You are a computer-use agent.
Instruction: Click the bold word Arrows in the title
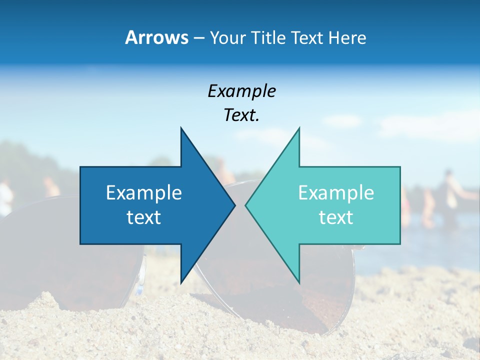[x=157, y=37]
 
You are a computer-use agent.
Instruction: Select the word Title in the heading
[x=270, y=37]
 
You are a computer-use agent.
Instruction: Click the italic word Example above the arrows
[x=241, y=91]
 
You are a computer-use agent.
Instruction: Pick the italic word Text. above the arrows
[x=241, y=115]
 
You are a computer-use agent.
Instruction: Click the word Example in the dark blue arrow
[x=144, y=193]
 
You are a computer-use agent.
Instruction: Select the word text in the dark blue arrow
[x=144, y=217]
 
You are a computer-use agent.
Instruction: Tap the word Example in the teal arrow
[x=336, y=193]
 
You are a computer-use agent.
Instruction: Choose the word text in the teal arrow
[x=336, y=217]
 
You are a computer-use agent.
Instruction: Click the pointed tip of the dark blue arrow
[x=235, y=205]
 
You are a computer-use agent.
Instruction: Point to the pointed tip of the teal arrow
[x=245, y=205]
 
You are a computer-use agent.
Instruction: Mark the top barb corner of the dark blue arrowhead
[x=181, y=127]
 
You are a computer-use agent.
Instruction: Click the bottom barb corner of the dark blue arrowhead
[x=181, y=283]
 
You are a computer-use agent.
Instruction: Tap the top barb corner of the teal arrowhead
[x=299, y=127]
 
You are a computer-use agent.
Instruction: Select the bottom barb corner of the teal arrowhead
[x=299, y=283]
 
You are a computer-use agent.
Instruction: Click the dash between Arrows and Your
[x=198, y=38]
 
